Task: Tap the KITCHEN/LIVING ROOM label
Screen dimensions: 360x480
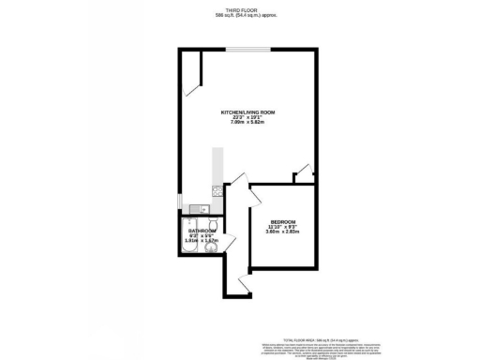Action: (x=245, y=112)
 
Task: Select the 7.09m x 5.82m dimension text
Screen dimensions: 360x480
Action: (x=245, y=123)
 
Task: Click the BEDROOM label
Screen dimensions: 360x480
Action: (x=283, y=221)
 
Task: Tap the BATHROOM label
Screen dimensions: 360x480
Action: (x=202, y=231)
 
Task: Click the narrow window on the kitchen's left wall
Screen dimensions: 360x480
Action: (x=179, y=202)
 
